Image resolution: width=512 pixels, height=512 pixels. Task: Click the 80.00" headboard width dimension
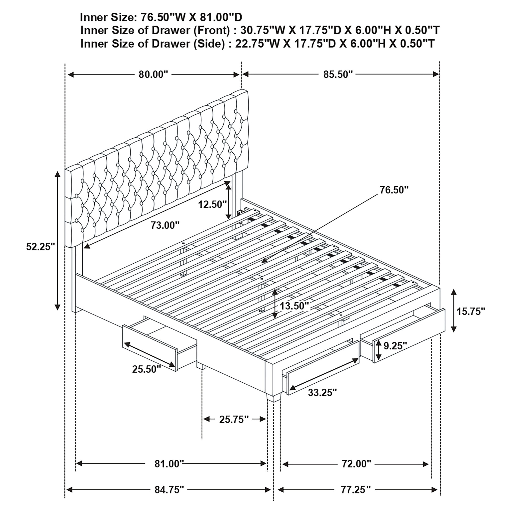click(x=153, y=75)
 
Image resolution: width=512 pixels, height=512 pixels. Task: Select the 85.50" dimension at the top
click(x=338, y=75)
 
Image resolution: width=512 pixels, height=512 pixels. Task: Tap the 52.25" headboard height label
click(x=40, y=247)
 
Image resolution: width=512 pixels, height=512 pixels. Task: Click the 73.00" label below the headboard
click(x=165, y=225)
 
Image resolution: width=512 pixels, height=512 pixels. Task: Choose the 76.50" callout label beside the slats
click(x=394, y=190)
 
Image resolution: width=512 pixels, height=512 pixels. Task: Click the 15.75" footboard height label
click(x=471, y=311)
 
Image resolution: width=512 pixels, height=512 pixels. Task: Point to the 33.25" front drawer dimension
click(x=322, y=392)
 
